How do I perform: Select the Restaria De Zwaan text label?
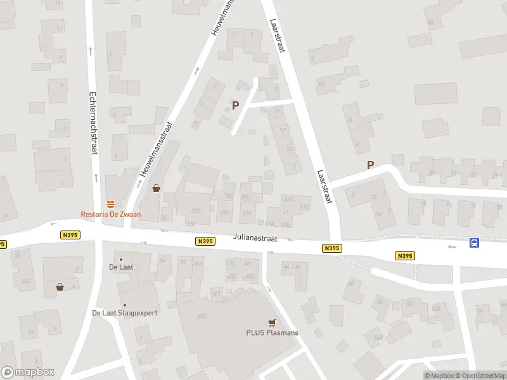111,214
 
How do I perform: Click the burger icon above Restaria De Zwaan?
111,203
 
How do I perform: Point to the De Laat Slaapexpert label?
125,313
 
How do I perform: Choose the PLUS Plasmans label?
273,332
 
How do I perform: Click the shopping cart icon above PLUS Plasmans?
273,322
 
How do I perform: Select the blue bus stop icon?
473,243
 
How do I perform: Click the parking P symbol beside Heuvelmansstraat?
236,106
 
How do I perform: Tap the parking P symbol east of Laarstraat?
370,165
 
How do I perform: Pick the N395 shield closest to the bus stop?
404,256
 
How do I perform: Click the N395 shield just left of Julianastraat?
205,241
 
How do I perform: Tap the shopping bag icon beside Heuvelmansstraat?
156,187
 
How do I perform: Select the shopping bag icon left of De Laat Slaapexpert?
60,286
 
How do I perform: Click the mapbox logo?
28,372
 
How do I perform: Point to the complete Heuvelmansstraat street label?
156,148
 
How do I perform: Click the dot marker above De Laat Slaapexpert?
125,305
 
